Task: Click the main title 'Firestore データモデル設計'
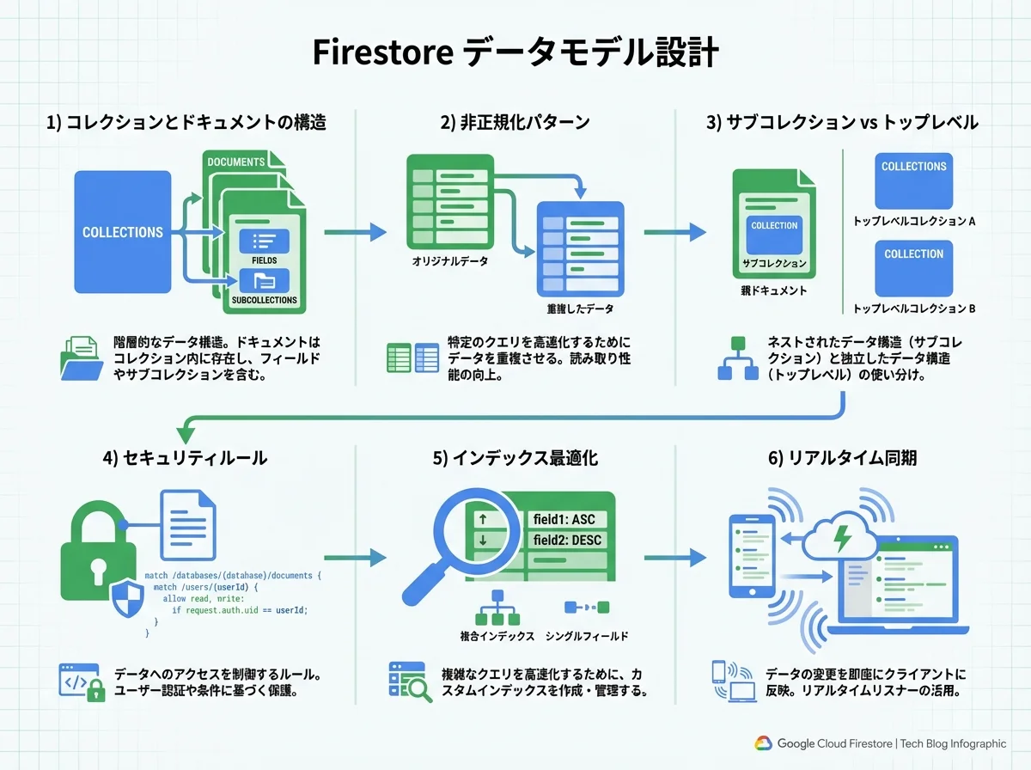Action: [x=515, y=53]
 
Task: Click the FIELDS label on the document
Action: [x=264, y=260]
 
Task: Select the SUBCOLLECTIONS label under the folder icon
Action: [x=264, y=300]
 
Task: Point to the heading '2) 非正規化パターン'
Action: [x=515, y=122]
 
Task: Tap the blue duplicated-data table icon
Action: [x=580, y=247]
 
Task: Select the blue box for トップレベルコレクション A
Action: [x=913, y=180]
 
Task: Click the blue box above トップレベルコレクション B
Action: [x=913, y=268]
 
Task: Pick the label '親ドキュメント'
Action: [x=773, y=290]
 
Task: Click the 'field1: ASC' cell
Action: [x=564, y=519]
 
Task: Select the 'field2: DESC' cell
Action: [x=567, y=541]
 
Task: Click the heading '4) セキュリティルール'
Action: [x=184, y=458]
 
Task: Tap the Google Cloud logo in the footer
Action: [x=764, y=743]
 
